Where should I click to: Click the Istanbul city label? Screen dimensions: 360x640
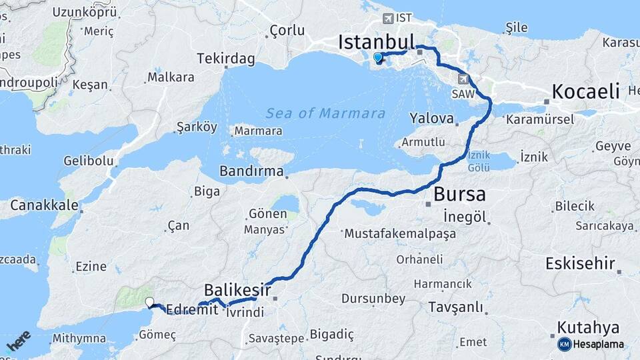(377, 42)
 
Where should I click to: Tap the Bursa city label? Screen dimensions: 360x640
(459, 195)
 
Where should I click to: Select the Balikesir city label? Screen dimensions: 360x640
(237, 290)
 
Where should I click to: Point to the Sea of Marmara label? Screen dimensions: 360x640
(325, 113)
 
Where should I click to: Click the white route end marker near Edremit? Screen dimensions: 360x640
(149, 302)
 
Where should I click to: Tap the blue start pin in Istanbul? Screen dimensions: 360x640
(379, 58)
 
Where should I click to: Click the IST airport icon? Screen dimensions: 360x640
(388, 18)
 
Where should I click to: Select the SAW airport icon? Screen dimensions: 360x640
(463, 79)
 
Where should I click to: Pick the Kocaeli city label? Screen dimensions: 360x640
(586, 92)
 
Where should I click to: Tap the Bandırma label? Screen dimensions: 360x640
(251, 171)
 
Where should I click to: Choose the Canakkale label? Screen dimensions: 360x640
(44, 205)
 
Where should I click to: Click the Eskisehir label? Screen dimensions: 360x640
(580, 263)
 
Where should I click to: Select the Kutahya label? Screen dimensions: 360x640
(588, 327)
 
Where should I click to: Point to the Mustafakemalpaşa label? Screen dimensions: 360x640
(399, 233)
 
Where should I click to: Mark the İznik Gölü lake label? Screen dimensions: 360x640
(479, 161)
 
